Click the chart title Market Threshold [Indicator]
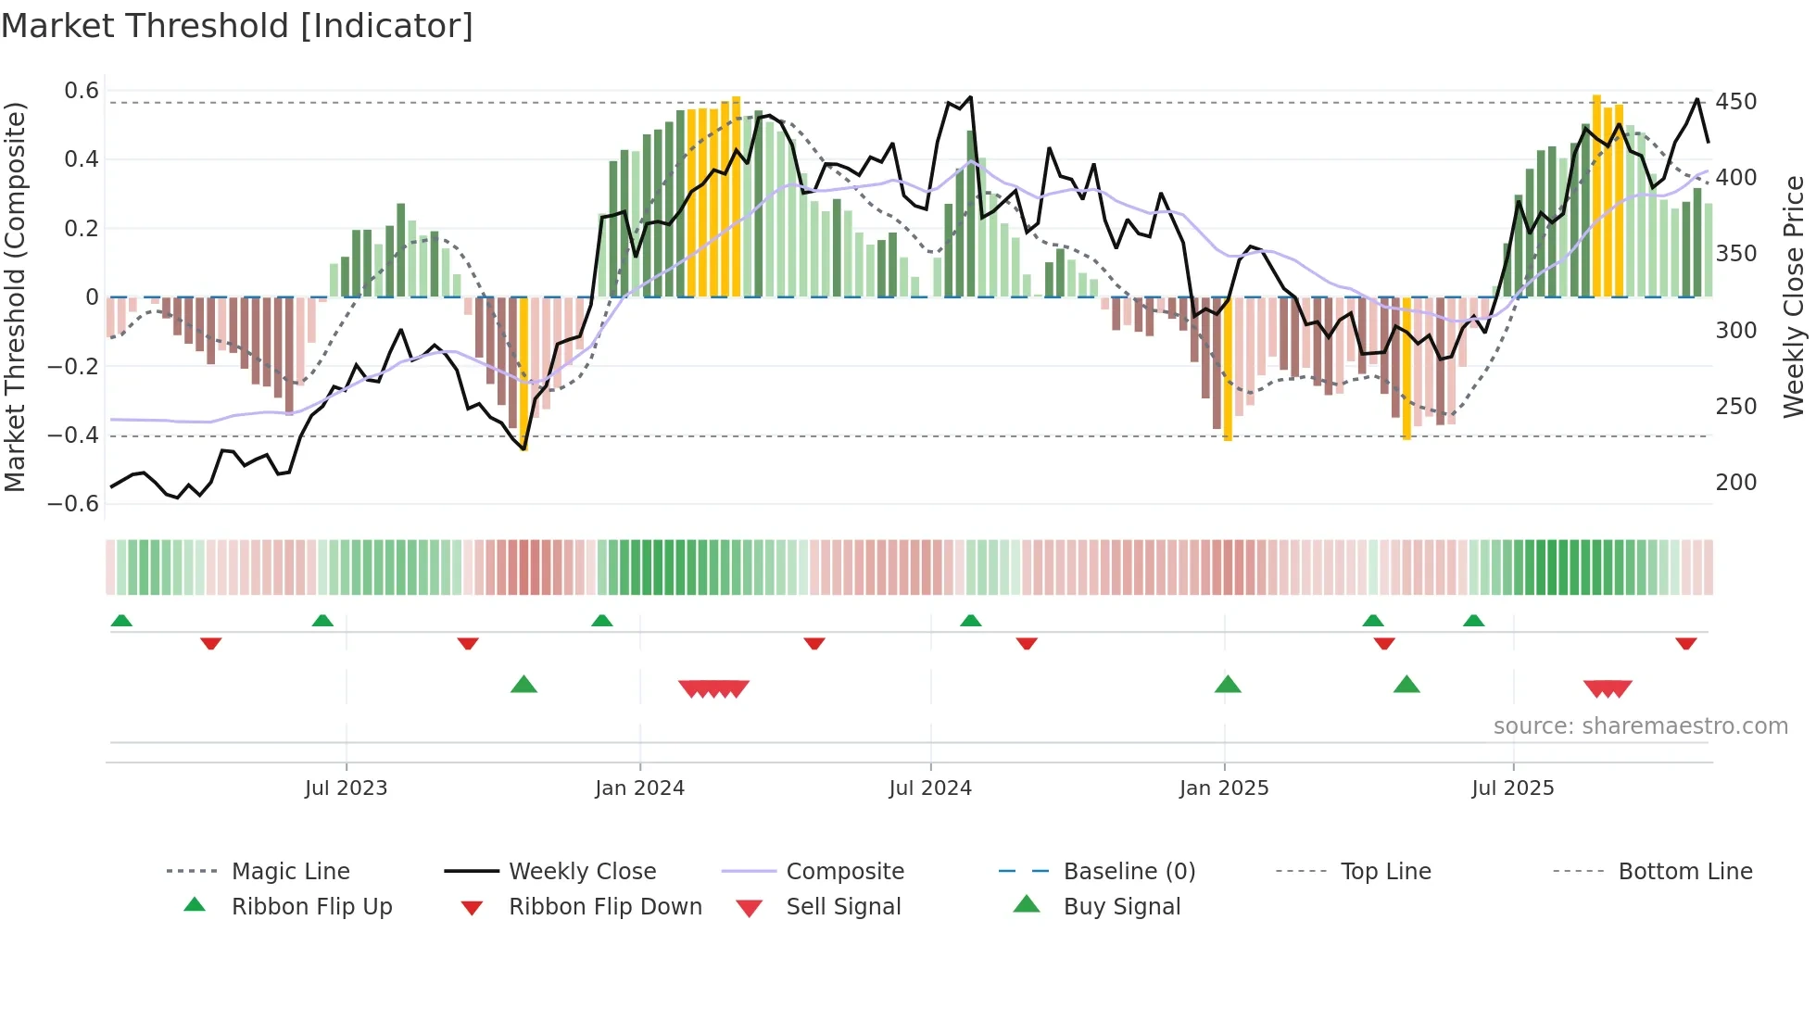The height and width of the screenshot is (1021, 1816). (x=237, y=26)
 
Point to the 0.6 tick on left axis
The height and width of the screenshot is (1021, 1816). (x=82, y=91)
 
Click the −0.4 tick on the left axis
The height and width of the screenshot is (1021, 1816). (x=73, y=435)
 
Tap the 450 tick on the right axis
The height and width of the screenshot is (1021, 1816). (x=1735, y=101)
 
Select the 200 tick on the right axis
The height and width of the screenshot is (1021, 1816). (x=1735, y=482)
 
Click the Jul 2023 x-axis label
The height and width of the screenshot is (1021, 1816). (x=346, y=788)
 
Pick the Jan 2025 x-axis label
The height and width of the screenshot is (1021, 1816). (x=1223, y=788)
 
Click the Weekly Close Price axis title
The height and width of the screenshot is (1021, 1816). (x=1794, y=296)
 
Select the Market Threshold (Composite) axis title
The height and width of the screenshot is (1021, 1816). (x=15, y=296)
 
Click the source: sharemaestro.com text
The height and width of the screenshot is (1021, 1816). (x=1640, y=726)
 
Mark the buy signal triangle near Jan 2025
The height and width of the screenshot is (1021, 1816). (x=1228, y=685)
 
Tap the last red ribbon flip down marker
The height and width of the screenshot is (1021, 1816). (x=1685, y=643)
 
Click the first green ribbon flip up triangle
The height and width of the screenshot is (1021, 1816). (x=121, y=621)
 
